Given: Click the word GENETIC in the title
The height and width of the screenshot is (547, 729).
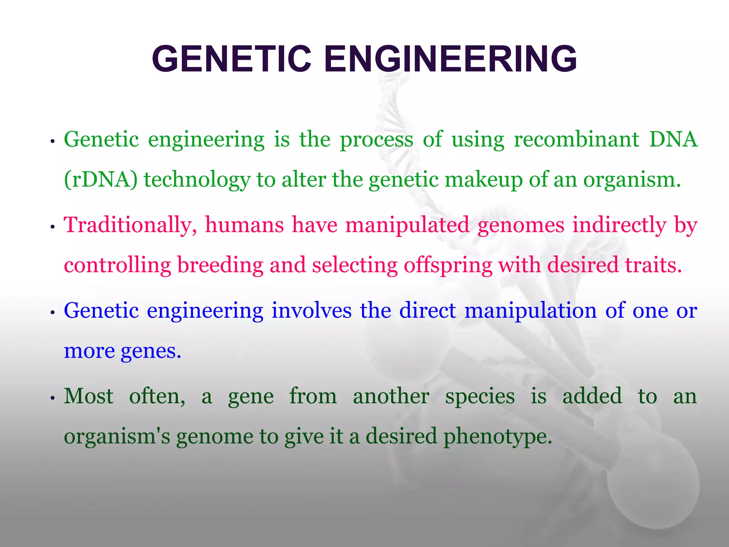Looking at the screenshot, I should coord(231,59).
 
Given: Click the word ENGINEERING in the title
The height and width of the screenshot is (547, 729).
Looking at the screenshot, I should coord(450,59).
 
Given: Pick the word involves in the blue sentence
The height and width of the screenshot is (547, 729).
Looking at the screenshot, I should coord(311,311).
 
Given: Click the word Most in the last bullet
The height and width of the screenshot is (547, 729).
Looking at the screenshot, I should coord(89,396).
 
